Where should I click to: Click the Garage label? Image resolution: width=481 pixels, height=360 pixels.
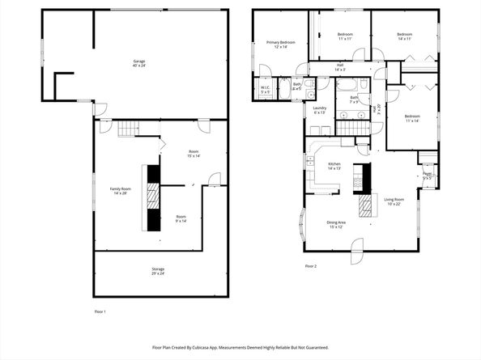tap(139, 64)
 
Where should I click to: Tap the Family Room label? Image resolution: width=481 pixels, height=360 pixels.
tap(121, 191)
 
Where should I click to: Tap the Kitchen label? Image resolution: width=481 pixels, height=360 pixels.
tap(334, 167)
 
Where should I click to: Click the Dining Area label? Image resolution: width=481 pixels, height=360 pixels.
tap(336, 224)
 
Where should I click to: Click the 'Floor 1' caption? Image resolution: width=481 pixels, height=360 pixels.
tap(100, 311)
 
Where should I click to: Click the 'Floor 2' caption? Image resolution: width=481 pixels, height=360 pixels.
tap(311, 266)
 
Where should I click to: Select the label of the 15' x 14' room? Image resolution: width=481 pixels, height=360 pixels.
tap(194, 154)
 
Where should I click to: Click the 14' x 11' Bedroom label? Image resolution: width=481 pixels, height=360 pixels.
tap(404, 36)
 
